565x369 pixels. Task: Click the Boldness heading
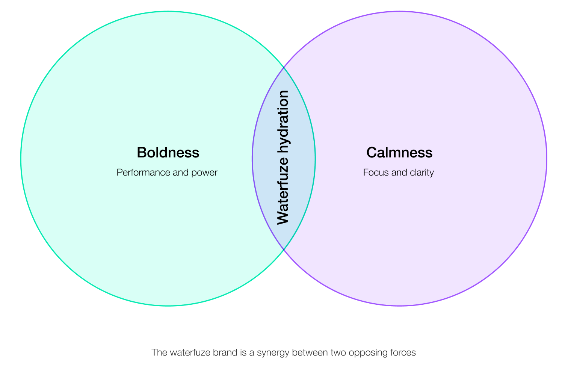168,153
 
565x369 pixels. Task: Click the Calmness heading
399,153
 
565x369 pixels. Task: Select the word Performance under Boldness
138,173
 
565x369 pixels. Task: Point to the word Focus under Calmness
374,173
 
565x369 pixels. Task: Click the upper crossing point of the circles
284,68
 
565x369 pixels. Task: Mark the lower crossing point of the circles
284,250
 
